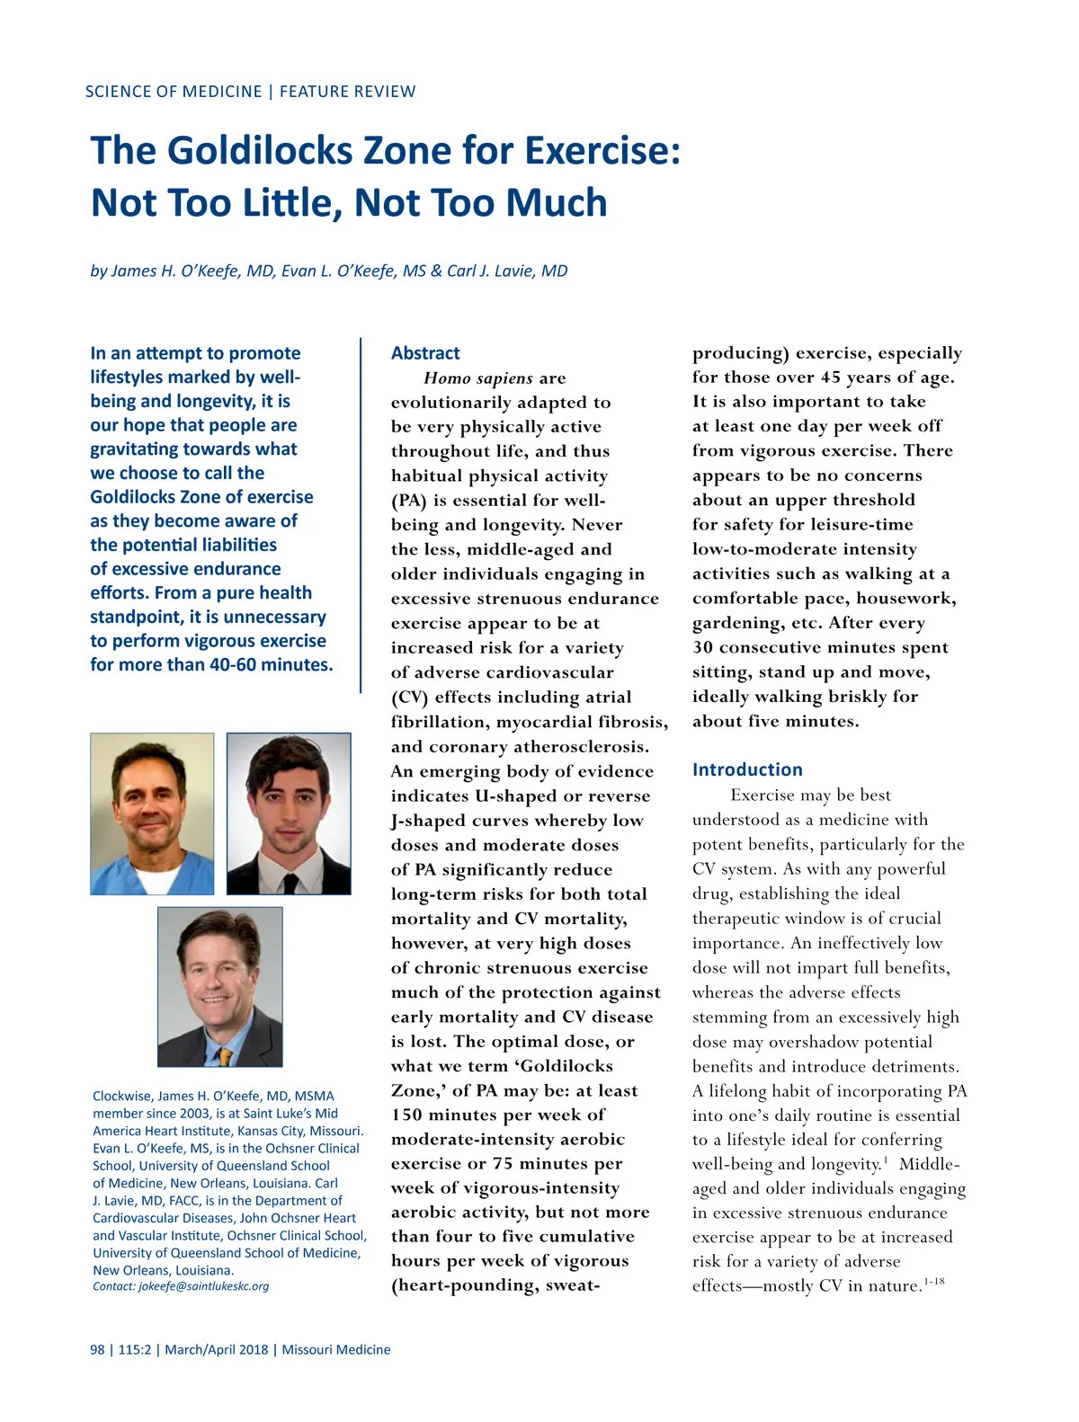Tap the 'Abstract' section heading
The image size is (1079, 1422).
point(425,353)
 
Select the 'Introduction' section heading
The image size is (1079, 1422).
point(747,769)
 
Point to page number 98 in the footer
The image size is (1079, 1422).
point(97,1349)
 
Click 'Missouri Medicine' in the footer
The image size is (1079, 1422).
point(336,1349)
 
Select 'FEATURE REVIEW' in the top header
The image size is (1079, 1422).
point(348,92)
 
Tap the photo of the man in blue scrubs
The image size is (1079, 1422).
point(152,813)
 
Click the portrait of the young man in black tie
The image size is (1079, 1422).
point(289,813)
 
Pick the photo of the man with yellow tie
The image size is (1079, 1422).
point(220,986)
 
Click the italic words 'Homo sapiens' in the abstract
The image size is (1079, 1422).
point(477,378)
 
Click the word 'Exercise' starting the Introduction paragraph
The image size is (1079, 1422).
point(763,795)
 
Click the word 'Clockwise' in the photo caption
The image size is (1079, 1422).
point(122,1096)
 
